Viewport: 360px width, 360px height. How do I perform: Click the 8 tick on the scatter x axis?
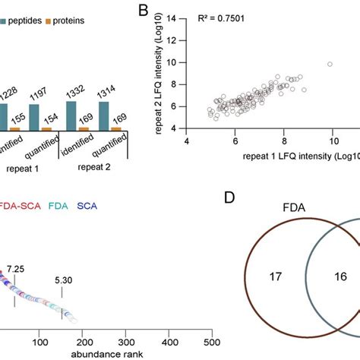[283, 141]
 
